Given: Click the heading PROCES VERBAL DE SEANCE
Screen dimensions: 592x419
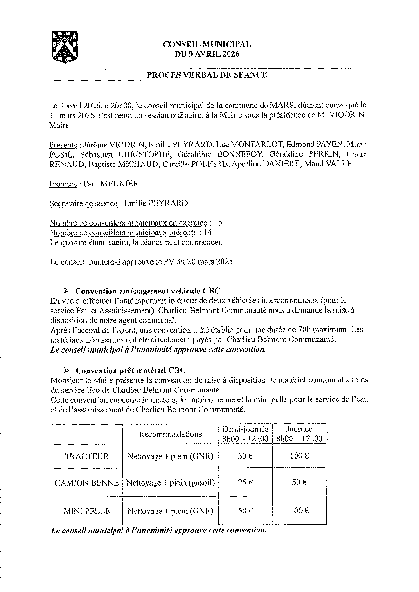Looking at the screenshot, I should coord(207,74).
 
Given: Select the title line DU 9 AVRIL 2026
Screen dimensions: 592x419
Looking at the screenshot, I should coord(207,54).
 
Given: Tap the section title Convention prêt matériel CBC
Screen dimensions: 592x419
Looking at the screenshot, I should coord(130,370).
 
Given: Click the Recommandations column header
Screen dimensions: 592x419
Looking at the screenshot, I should coord(170,434).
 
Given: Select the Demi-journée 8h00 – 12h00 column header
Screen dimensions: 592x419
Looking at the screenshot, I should coord(245,434).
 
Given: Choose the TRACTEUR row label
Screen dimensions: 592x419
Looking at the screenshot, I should coord(87,456).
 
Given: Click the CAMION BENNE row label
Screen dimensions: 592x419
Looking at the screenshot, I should coord(87,483).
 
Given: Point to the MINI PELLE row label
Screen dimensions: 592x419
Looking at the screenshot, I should coord(87,511).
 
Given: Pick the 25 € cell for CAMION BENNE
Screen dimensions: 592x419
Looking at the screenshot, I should coord(245,483).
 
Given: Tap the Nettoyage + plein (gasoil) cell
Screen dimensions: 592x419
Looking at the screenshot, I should coord(170,483).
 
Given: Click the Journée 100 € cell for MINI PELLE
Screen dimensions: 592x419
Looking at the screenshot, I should coord(299,511).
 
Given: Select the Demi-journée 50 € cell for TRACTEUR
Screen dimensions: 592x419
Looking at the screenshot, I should coord(245,456).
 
